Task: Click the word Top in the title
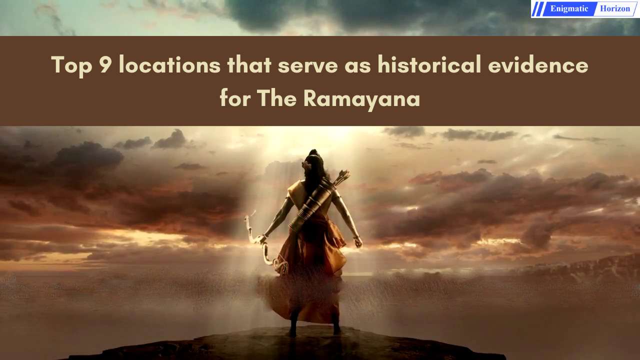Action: point(71,65)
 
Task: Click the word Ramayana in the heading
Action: point(361,98)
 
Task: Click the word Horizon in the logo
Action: point(615,8)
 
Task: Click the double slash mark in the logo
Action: point(538,9)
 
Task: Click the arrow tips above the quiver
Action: point(342,176)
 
